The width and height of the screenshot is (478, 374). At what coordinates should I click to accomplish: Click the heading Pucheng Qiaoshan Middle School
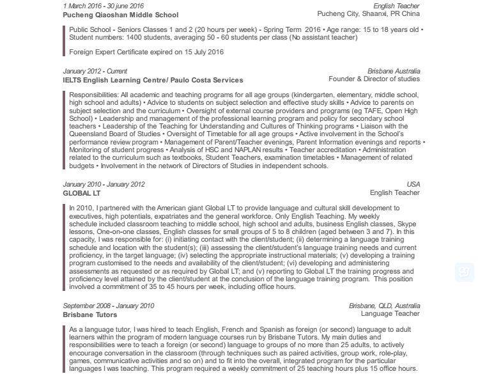121,15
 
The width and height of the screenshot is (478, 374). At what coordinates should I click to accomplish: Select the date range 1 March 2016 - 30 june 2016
103,6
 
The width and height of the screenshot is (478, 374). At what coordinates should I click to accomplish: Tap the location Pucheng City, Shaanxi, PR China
368,14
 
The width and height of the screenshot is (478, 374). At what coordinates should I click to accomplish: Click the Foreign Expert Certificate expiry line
146,51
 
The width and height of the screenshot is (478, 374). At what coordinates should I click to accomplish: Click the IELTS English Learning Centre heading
153,81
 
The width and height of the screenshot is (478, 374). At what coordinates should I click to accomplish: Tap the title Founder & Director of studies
374,79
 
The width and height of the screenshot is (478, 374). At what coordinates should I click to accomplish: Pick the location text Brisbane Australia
394,71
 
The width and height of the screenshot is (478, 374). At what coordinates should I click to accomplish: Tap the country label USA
413,184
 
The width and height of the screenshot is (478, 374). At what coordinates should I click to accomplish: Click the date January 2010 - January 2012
104,184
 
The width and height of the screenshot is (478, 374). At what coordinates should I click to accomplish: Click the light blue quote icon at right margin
464,272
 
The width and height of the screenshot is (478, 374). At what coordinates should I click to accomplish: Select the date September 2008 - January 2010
108,306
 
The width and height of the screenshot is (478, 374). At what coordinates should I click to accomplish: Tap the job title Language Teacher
390,315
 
